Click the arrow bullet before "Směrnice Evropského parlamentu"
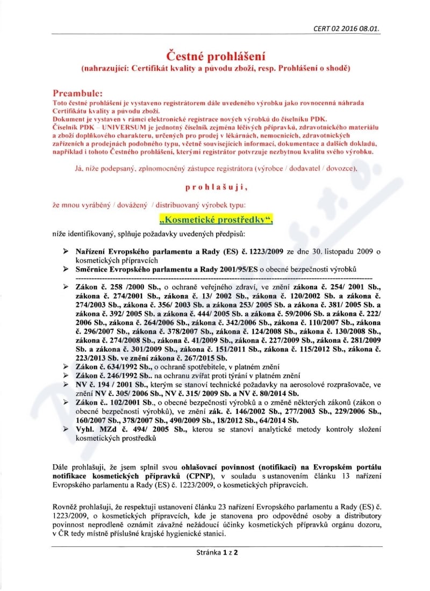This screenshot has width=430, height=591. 66,268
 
